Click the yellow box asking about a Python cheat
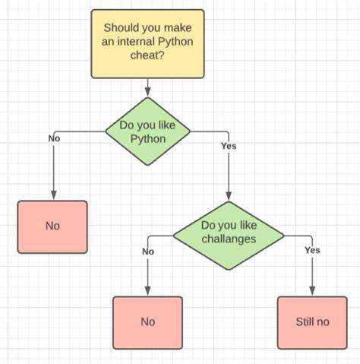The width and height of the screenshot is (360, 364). (147, 44)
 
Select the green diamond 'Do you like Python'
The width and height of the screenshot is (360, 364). (147, 131)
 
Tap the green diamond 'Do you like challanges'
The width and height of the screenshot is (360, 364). (229, 236)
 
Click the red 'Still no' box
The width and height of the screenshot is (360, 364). (312, 323)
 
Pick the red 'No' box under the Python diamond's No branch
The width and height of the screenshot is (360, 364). (52, 227)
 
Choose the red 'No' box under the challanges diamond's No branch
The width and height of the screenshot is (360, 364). (147, 323)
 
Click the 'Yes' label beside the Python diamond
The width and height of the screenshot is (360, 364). (229, 146)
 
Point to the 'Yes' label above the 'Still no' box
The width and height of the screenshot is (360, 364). (312, 250)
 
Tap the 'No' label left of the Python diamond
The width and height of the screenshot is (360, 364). (54, 138)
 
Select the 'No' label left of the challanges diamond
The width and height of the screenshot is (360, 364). (148, 252)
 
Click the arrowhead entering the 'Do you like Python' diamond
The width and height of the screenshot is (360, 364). (147, 93)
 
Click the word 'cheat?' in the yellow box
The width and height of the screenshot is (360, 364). (147, 55)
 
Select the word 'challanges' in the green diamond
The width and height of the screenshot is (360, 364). (229, 239)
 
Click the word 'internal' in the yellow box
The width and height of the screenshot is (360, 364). (136, 41)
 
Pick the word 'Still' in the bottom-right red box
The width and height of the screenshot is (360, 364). (304, 322)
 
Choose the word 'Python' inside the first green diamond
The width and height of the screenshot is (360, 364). (148, 139)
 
